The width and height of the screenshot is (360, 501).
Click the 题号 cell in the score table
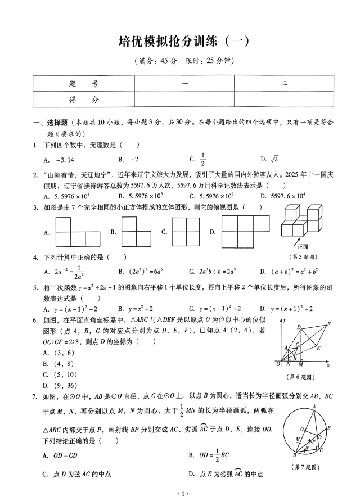coord(83,83)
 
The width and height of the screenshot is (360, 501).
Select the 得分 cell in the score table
coord(83,99)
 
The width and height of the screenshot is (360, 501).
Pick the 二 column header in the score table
coord(284,83)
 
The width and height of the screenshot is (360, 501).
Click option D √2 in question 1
coord(270,159)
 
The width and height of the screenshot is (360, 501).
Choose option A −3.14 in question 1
coord(59,159)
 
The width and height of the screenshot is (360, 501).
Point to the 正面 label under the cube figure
coord(303,246)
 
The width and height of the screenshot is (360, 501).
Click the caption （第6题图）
coord(303,376)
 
